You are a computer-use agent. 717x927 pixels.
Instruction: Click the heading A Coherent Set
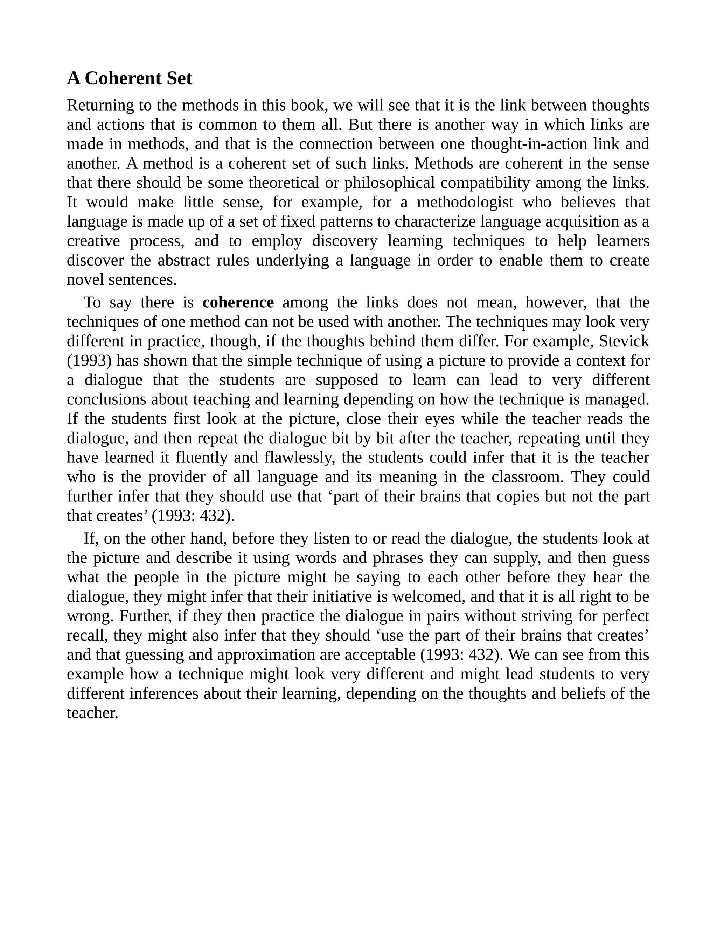point(130,78)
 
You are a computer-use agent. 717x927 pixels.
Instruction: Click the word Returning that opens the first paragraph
point(100,105)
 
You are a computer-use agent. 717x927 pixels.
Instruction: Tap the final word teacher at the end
point(92,713)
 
